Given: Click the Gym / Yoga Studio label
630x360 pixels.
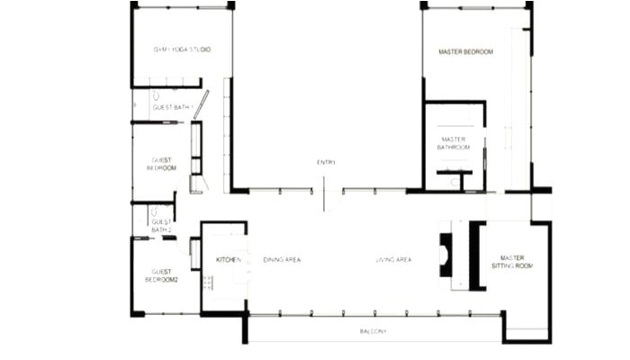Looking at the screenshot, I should click(x=182, y=49).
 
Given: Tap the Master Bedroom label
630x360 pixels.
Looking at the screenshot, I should click(x=465, y=52).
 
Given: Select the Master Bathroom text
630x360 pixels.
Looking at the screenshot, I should click(x=454, y=143).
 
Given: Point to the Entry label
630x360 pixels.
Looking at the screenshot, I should click(x=326, y=162).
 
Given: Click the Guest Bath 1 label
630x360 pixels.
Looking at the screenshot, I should click(x=173, y=107).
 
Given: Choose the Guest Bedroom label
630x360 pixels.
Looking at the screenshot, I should click(x=162, y=164).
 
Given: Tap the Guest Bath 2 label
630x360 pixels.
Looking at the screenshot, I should click(x=161, y=226).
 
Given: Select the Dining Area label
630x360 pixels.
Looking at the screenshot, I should click(x=282, y=260).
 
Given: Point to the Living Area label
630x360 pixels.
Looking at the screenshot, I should click(x=393, y=260).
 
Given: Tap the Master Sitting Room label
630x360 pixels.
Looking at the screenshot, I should click(x=511, y=262).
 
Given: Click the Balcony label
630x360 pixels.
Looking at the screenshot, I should click(x=373, y=332).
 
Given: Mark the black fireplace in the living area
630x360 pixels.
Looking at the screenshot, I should click(x=445, y=254).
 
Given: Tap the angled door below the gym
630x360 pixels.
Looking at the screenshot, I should click(x=201, y=104).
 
